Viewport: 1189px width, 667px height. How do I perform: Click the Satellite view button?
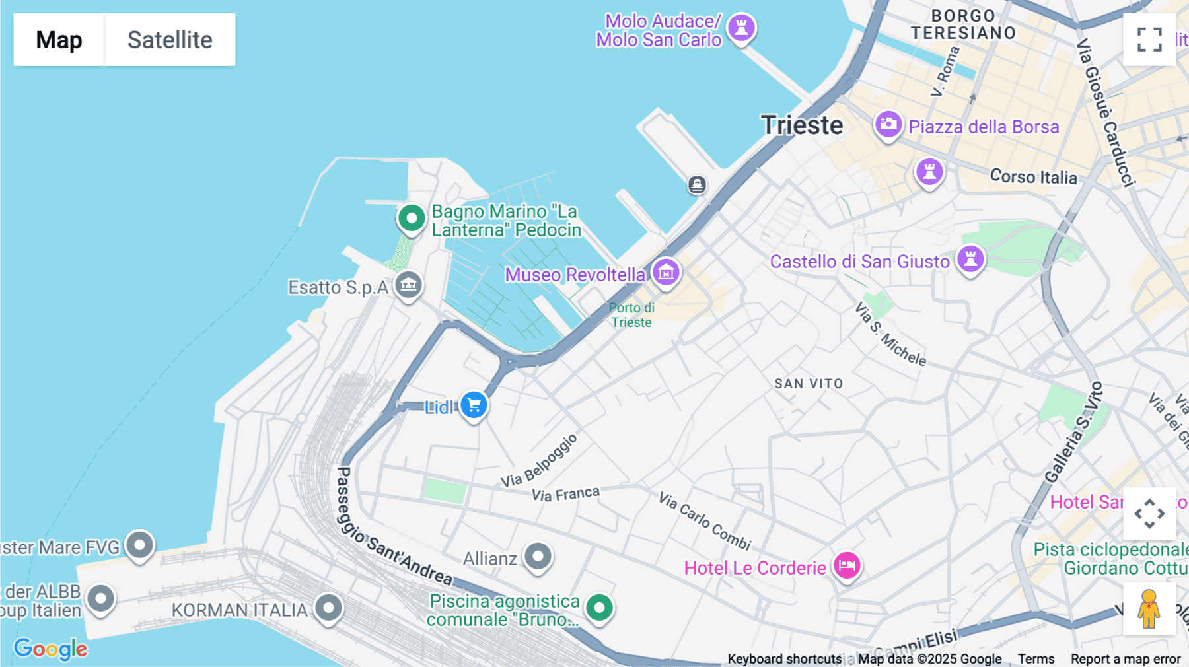point(170,40)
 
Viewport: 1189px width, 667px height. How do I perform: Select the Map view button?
point(59,40)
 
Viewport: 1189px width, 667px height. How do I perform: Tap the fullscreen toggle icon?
point(1149,40)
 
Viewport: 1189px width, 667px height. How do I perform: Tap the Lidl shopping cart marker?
point(474,405)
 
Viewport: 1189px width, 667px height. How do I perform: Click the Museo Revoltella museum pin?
point(665,271)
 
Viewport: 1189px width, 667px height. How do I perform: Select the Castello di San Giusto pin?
point(970,258)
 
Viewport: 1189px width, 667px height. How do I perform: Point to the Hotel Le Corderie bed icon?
point(847,565)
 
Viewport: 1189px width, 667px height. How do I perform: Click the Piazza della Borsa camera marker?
point(888,124)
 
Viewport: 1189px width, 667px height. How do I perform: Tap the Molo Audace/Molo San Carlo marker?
point(741,28)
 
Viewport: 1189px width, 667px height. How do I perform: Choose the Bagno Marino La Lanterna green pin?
point(412,217)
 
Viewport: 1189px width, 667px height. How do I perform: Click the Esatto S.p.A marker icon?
point(408,285)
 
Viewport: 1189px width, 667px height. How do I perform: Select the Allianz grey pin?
point(538,556)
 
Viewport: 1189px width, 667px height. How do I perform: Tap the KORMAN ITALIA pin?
point(328,608)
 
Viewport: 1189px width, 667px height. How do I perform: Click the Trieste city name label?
point(802,125)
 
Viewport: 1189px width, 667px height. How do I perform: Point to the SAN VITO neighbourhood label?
point(809,384)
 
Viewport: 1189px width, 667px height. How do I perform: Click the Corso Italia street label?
point(1033,177)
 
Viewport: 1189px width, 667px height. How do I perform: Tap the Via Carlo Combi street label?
point(705,521)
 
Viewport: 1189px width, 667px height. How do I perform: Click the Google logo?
point(50,649)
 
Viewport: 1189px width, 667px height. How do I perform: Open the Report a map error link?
point(1126,659)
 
